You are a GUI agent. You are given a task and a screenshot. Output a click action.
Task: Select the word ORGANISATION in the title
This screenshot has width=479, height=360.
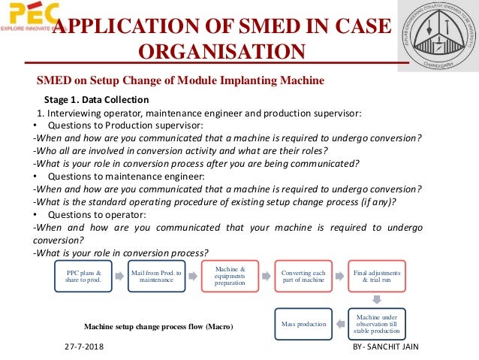[222, 52]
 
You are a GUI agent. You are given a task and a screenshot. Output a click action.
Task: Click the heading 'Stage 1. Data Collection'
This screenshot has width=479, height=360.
[96, 99]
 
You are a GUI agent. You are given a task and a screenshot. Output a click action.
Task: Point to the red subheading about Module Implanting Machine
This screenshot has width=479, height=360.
[181, 80]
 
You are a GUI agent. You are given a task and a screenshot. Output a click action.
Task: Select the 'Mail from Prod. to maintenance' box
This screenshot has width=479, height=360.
[155, 276]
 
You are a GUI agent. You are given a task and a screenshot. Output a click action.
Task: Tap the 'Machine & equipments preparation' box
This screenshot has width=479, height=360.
[230, 275]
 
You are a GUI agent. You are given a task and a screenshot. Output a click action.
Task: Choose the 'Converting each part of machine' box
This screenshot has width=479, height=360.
[303, 276]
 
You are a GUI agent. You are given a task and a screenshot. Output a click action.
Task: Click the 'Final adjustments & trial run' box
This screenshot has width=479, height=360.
[378, 276]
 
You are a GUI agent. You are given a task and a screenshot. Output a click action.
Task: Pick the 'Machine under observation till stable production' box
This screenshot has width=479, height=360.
[378, 323]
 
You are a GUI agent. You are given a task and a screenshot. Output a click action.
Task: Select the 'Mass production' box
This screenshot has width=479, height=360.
[303, 323]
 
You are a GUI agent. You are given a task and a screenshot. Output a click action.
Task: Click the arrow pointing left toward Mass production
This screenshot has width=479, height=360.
[340, 323]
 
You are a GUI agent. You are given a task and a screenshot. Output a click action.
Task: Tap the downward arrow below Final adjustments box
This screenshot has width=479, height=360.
[378, 299]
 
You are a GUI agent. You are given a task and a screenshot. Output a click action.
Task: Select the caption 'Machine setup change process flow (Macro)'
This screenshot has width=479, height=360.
[158, 327]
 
